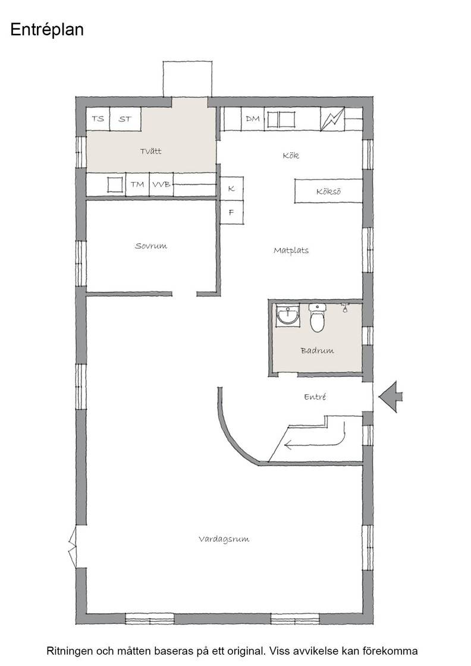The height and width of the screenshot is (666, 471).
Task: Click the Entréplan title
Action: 47,30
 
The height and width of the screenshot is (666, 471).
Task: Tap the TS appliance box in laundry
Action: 98,119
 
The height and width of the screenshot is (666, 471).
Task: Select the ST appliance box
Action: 125,119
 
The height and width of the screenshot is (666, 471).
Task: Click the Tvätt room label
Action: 151,151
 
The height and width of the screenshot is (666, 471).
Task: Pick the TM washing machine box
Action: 137,185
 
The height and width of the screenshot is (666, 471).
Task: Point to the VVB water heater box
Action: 161,185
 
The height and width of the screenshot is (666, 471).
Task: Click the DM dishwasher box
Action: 253,119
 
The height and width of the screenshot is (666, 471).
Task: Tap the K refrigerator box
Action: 231,189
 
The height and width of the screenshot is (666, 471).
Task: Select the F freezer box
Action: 231,212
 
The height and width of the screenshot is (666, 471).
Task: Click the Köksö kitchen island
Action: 329,191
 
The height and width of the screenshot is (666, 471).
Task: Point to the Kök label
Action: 291,155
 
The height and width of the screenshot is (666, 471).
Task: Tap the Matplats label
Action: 291,250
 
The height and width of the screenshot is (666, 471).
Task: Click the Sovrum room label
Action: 151,246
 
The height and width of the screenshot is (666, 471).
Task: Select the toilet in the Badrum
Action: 317,318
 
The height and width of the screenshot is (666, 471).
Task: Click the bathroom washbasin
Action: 287,316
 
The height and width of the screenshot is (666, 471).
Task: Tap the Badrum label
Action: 317,351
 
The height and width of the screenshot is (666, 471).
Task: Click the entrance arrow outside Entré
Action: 391,397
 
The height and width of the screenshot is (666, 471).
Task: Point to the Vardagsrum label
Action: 224,539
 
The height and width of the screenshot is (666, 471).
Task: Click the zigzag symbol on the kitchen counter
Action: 332,120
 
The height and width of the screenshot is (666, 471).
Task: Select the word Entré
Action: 315,397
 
